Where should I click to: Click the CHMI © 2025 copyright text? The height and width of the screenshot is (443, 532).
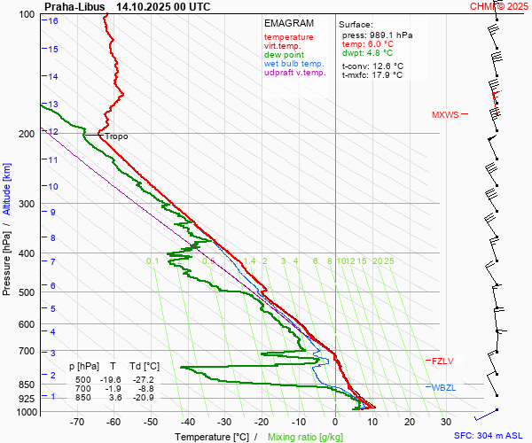pos(499,6)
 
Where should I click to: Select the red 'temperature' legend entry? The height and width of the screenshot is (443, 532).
pos(288,37)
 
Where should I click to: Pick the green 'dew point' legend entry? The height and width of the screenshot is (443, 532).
pos(284,55)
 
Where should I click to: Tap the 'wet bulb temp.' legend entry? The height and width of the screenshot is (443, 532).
pos(293,64)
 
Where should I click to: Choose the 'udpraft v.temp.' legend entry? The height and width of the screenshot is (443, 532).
pos(295,73)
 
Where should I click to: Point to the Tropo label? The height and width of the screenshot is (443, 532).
pos(117,136)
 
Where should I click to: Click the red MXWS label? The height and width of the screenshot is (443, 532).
pos(446,115)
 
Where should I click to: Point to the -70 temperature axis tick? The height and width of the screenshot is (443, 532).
pos(78,423)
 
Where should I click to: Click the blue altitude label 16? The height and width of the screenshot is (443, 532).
pos(54,20)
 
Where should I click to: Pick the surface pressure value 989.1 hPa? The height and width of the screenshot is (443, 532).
pos(389,35)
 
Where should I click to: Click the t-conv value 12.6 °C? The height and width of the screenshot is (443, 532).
pos(386,66)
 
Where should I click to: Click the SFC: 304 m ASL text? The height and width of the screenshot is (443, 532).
pos(489,436)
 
